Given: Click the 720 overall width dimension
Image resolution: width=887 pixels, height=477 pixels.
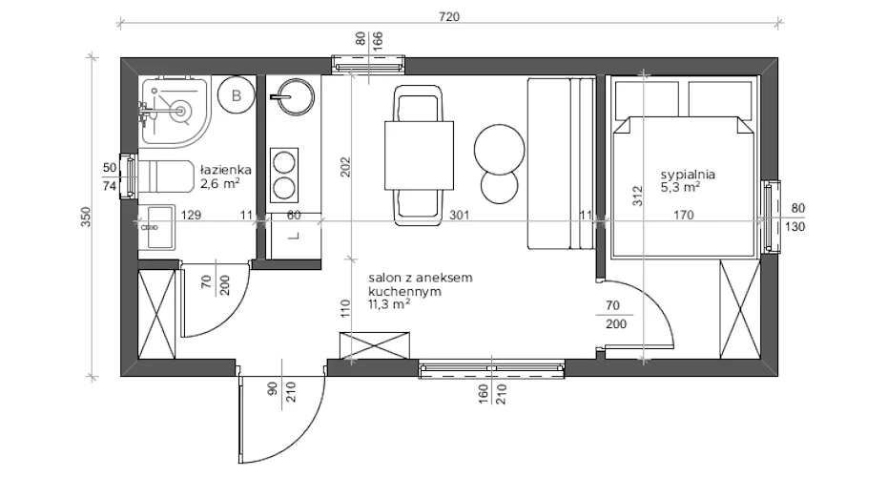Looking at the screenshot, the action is click(x=449, y=16).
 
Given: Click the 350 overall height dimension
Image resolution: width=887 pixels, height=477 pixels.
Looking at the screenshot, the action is click(x=86, y=218).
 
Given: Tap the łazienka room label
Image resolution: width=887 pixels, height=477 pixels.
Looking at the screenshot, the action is click(x=226, y=170).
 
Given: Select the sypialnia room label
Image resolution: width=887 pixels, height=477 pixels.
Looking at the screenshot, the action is click(x=688, y=175).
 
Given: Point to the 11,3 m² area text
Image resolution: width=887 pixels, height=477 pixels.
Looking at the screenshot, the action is click(x=389, y=304).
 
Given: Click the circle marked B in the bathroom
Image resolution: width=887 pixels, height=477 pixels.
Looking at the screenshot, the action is click(x=237, y=95).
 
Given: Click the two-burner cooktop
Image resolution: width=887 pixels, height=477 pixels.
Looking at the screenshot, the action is click(x=284, y=176).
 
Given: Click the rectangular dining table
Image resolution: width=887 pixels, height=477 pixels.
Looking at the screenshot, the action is click(x=419, y=156).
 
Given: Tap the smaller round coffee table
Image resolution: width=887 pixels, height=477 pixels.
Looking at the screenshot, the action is click(x=500, y=187).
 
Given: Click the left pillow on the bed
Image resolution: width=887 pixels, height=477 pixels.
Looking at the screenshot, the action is click(x=647, y=99).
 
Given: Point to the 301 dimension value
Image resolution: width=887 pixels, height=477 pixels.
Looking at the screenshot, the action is click(x=459, y=215).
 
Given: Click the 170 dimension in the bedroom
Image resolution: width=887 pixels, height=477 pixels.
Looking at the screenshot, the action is click(x=683, y=215).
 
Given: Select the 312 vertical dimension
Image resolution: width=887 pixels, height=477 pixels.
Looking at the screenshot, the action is click(x=637, y=196).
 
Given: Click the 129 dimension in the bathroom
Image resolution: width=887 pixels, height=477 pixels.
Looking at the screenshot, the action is click(x=191, y=215).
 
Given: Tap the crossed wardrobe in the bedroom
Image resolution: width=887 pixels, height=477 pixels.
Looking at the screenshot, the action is click(x=739, y=309).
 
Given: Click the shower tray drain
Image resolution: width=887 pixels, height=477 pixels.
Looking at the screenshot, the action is click(x=181, y=110).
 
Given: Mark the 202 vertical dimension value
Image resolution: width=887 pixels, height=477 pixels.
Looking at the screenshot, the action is click(x=345, y=167).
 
